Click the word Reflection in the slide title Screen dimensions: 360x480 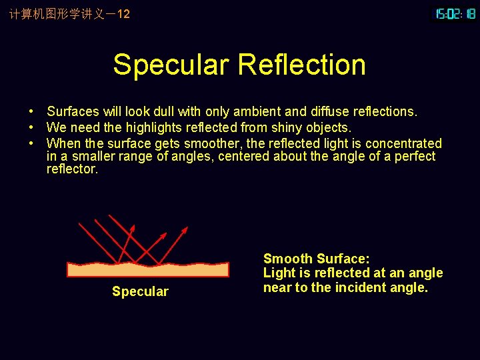click(301, 65)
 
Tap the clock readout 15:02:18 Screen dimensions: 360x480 click(455, 13)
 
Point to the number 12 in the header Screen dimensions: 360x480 click(123, 13)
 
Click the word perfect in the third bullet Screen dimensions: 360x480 click(414, 157)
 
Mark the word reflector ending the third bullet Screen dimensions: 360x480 click(71, 169)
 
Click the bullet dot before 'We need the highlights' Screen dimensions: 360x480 click(31, 127)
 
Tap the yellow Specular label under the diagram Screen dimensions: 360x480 click(140, 291)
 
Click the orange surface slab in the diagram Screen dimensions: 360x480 click(148, 269)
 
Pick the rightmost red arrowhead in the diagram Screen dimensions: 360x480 click(185, 230)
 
